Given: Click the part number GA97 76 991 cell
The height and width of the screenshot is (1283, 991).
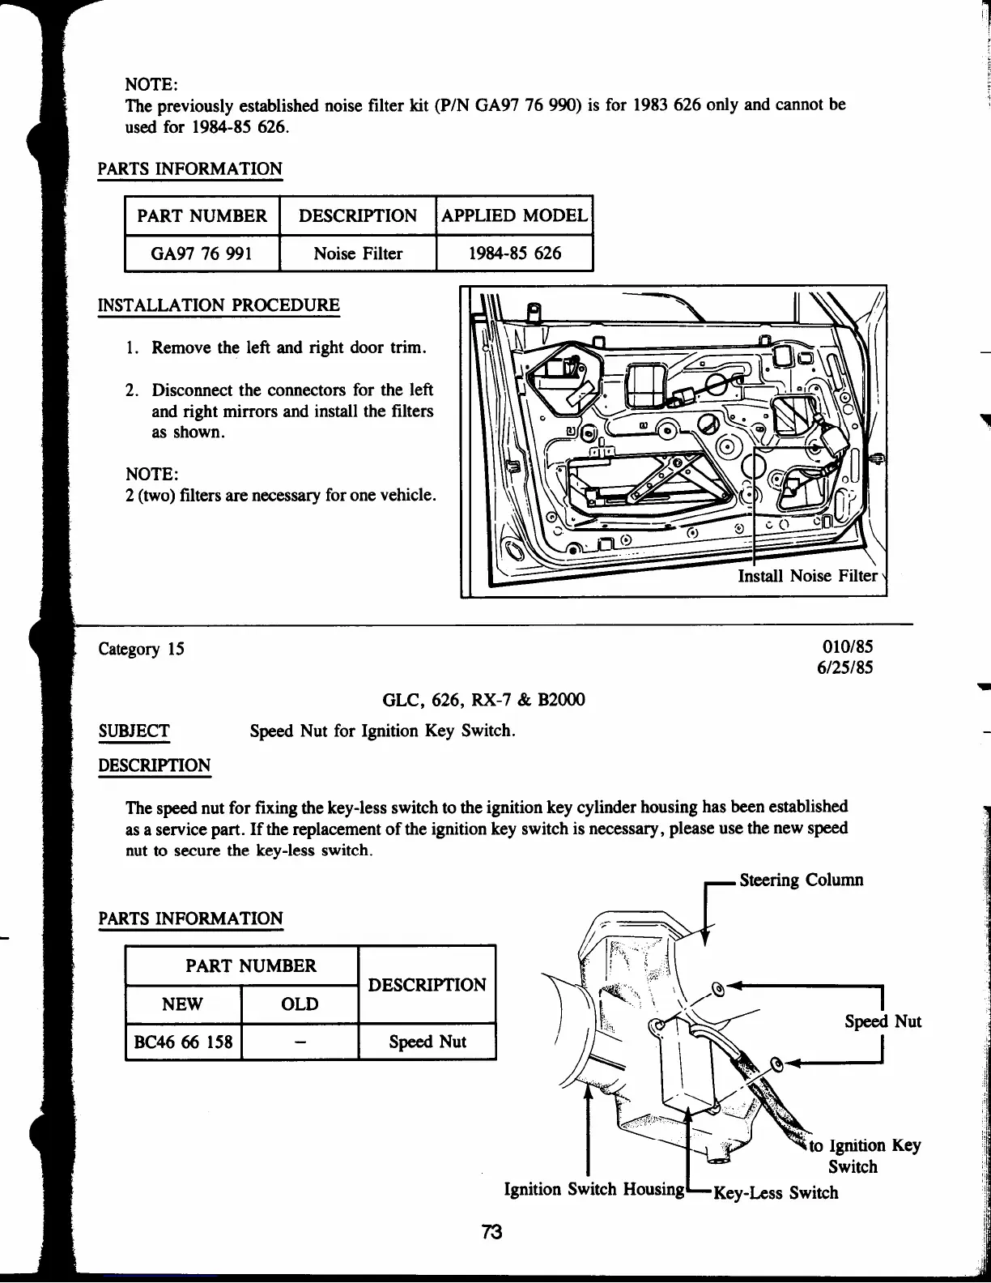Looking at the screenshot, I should (x=202, y=254).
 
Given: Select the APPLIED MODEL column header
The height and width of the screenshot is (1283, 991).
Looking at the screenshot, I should (x=514, y=215).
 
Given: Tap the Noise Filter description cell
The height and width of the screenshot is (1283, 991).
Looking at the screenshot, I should (x=358, y=254).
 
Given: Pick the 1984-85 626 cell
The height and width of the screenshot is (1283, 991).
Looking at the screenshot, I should (x=515, y=254).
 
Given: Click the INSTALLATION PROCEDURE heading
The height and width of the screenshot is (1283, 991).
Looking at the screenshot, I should (x=219, y=305).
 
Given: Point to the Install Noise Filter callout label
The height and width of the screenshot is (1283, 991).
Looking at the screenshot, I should (x=807, y=576).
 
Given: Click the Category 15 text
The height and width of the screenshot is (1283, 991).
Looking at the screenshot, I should (x=141, y=649).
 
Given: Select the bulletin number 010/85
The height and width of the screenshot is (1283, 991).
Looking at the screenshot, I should (x=848, y=647).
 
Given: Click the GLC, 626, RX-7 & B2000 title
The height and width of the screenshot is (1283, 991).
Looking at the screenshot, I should (x=483, y=699).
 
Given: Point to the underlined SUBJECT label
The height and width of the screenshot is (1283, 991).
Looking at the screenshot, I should (x=134, y=731).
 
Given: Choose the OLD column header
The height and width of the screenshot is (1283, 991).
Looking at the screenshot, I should (x=300, y=1004).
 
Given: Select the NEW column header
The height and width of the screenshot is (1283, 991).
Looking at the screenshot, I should (x=183, y=1004).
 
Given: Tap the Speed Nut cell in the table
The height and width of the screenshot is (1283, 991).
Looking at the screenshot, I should (x=427, y=1042).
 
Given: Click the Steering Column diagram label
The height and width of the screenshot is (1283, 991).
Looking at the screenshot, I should (x=801, y=880).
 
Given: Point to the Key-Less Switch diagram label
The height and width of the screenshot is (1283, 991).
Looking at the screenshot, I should (x=775, y=1192).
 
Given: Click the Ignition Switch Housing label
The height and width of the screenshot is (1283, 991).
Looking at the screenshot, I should (x=594, y=1189).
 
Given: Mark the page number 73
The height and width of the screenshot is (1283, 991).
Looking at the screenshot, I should (x=491, y=1232).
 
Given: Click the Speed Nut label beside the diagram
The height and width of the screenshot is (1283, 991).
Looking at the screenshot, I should (x=883, y=1021).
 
